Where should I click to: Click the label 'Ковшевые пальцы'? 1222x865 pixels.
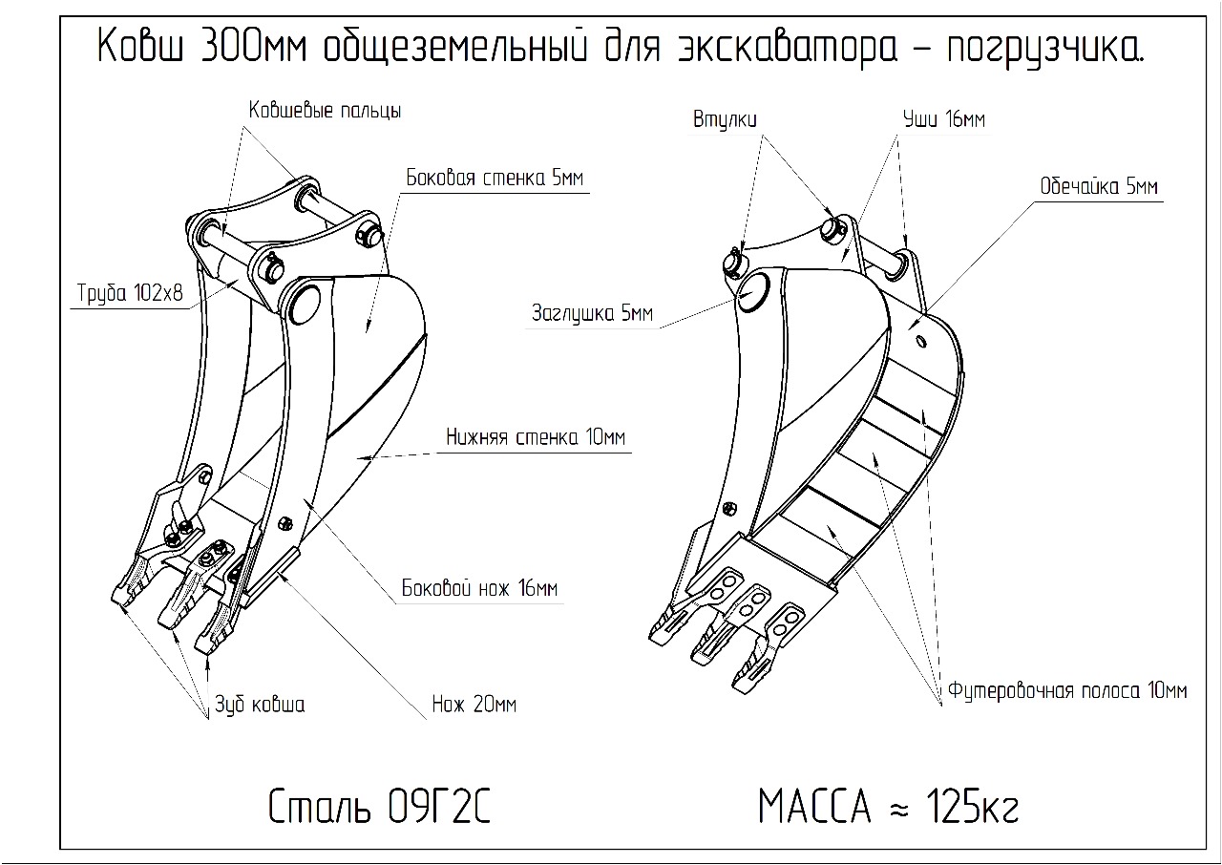coord(325,111)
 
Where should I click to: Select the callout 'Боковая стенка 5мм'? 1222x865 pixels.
coord(495,178)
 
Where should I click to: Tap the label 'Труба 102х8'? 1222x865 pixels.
coord(130,293)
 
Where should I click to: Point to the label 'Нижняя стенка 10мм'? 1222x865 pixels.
coord(536,437)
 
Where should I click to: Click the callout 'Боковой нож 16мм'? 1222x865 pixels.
coord(479,588)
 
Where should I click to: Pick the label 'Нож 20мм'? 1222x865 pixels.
coord(474,704)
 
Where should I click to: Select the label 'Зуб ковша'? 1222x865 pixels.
coord(260,705)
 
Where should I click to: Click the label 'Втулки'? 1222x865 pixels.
coord(725,119)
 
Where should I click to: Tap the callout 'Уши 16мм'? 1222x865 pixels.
coord(944,119)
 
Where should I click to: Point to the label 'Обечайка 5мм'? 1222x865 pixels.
coord(1099,186)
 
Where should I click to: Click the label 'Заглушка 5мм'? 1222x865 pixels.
coord(593,313)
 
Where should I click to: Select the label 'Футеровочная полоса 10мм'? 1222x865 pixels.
coord(1067,691)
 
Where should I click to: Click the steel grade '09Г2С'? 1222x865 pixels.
coord(439,808)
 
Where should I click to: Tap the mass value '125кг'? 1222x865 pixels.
coord(972,806)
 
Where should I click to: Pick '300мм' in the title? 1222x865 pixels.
coord(254,47)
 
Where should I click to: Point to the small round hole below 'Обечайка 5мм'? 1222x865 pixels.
coord(921,342)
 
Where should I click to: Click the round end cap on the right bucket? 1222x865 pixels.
coord(754,292)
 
